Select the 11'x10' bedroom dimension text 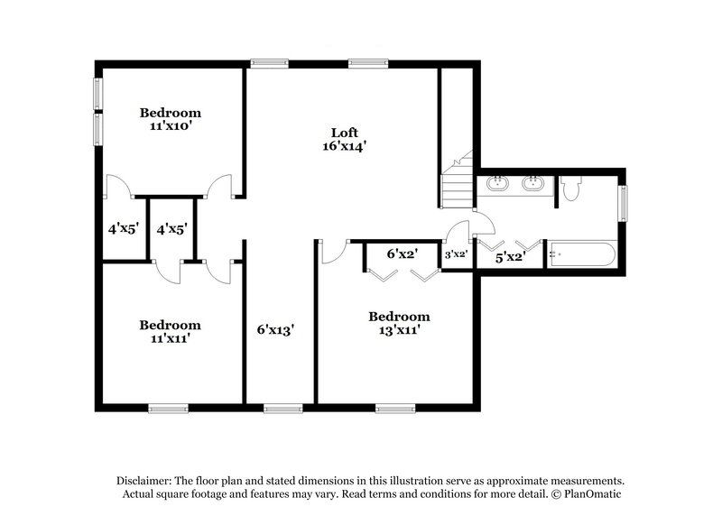pos(170,127)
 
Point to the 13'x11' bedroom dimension pos(398,331)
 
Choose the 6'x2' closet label pos(400,254)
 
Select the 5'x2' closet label pos(510,257)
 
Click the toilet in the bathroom pos(570,189)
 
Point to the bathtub pos(582,254)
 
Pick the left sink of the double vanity pos(496,186)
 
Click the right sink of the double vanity pos(532,186)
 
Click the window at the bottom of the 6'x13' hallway pos(282,409)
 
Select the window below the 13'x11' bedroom pos(395,409)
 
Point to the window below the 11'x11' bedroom pos(168,409)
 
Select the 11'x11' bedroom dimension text pos(170,339)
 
